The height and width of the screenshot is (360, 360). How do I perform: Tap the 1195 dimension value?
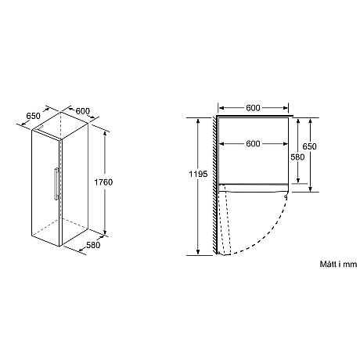click(199, 174)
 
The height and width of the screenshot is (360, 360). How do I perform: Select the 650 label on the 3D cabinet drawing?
click(34, 116)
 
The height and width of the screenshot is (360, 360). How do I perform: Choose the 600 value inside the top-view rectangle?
click(252, 143)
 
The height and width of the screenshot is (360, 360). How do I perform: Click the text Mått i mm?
click(337, 265)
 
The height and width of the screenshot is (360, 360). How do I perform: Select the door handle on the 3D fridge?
click(53, 182)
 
